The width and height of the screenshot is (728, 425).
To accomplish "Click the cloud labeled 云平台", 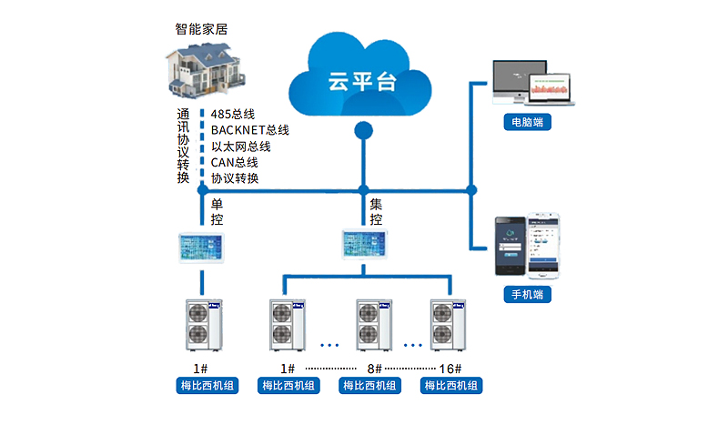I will [359, 77].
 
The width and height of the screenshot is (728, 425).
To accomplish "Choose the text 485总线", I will [232, 114].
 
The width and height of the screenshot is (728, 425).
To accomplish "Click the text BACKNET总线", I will [249, 130].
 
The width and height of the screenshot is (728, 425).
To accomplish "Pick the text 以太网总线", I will [241, 147].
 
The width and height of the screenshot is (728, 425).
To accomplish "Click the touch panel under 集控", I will [365, 241].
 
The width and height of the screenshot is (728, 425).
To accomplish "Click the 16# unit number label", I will [451, 369].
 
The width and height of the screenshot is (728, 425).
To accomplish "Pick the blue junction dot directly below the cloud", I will [363, 131].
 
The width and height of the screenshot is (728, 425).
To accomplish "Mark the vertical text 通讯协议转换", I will [184, 146].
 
